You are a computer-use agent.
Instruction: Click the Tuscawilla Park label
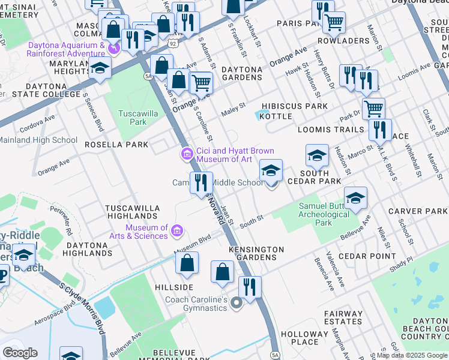click(133, 118)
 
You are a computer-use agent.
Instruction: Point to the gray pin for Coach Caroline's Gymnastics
click(237, 303)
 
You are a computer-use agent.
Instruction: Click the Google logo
click(20, 353)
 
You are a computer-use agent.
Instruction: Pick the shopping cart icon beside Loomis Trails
click(373, 109)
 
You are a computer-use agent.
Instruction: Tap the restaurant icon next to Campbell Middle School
click(201, 182)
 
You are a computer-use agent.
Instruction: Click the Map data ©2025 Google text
click(412, 355)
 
